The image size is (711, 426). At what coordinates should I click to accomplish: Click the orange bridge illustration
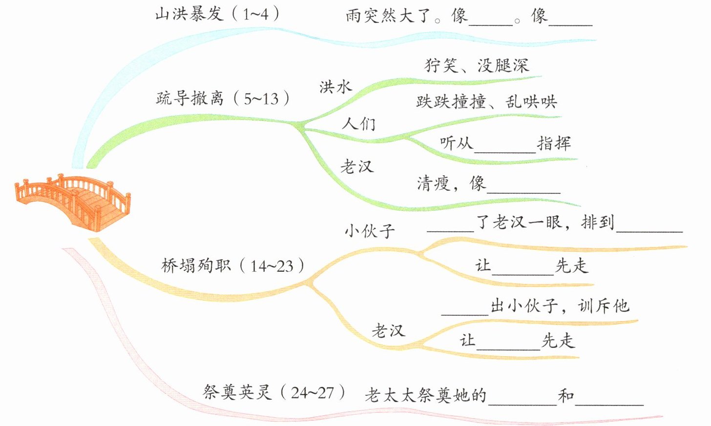point(73,201)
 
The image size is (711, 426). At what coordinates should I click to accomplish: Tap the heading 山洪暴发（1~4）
point(217,14)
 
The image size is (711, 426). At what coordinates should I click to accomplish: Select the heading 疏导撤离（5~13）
point(223,98)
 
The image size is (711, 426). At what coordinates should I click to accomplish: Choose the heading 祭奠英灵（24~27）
point(274,391)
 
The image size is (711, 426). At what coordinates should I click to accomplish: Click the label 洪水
point(335,87)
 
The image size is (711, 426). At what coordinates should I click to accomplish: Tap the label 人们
point(358,123)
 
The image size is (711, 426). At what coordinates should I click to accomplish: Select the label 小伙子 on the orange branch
point(370,230)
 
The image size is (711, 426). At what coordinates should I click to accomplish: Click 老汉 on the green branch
point(357,167)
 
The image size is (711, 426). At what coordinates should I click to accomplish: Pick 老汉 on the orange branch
point(388,331)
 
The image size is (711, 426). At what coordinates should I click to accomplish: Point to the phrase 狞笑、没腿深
point(477,65)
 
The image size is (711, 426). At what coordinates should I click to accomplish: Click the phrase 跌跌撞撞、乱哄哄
point(486,101)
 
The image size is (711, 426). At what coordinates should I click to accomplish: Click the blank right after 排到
point(649,225)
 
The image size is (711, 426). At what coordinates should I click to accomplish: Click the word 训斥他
point(604,306)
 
